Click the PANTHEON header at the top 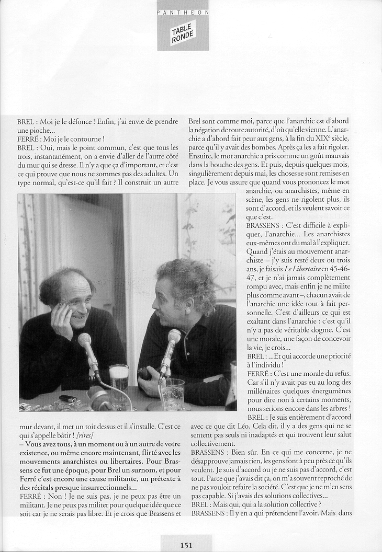point(183,11)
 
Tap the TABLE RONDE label point(183,32)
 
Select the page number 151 point(187,545)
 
